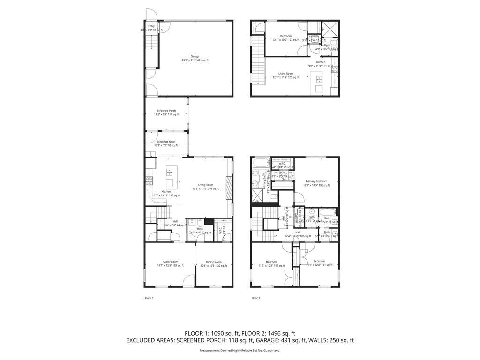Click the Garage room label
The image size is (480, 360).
[x=195, y=56]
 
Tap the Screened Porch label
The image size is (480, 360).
[x=166, y=111]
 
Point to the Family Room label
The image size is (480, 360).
[x=170, y=262]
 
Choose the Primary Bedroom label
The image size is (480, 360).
[x=316, y=181]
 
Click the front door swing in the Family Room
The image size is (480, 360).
[x=188, y=281]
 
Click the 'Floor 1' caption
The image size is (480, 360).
[x=149, y=298]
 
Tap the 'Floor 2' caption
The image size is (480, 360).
[x=255, y=298]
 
